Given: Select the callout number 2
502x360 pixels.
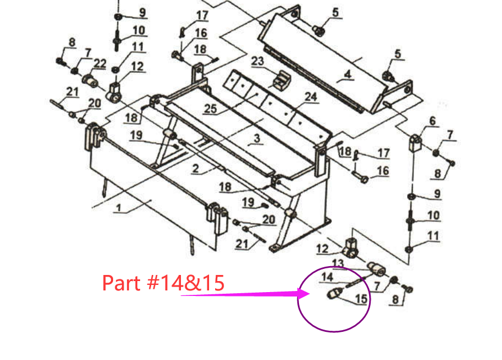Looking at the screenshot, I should click(x=195, y=169).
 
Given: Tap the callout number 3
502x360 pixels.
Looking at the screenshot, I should click(x=256, y=139).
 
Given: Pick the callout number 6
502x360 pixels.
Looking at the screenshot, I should click(x=432, y=120).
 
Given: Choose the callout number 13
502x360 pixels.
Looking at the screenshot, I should click(x=338, y=263).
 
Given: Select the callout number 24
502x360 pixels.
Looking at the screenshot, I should click(x=311, y=97).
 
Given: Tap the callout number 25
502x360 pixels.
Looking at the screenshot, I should click(x=210, y=109).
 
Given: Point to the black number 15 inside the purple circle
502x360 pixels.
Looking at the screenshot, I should click(x=361, y=299).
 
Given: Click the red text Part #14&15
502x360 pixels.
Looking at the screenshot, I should click(x=163, y=283).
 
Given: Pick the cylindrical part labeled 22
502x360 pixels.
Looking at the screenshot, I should click(x=90, y=81).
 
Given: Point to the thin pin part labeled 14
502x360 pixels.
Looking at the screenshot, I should click(x=351, y=284).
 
